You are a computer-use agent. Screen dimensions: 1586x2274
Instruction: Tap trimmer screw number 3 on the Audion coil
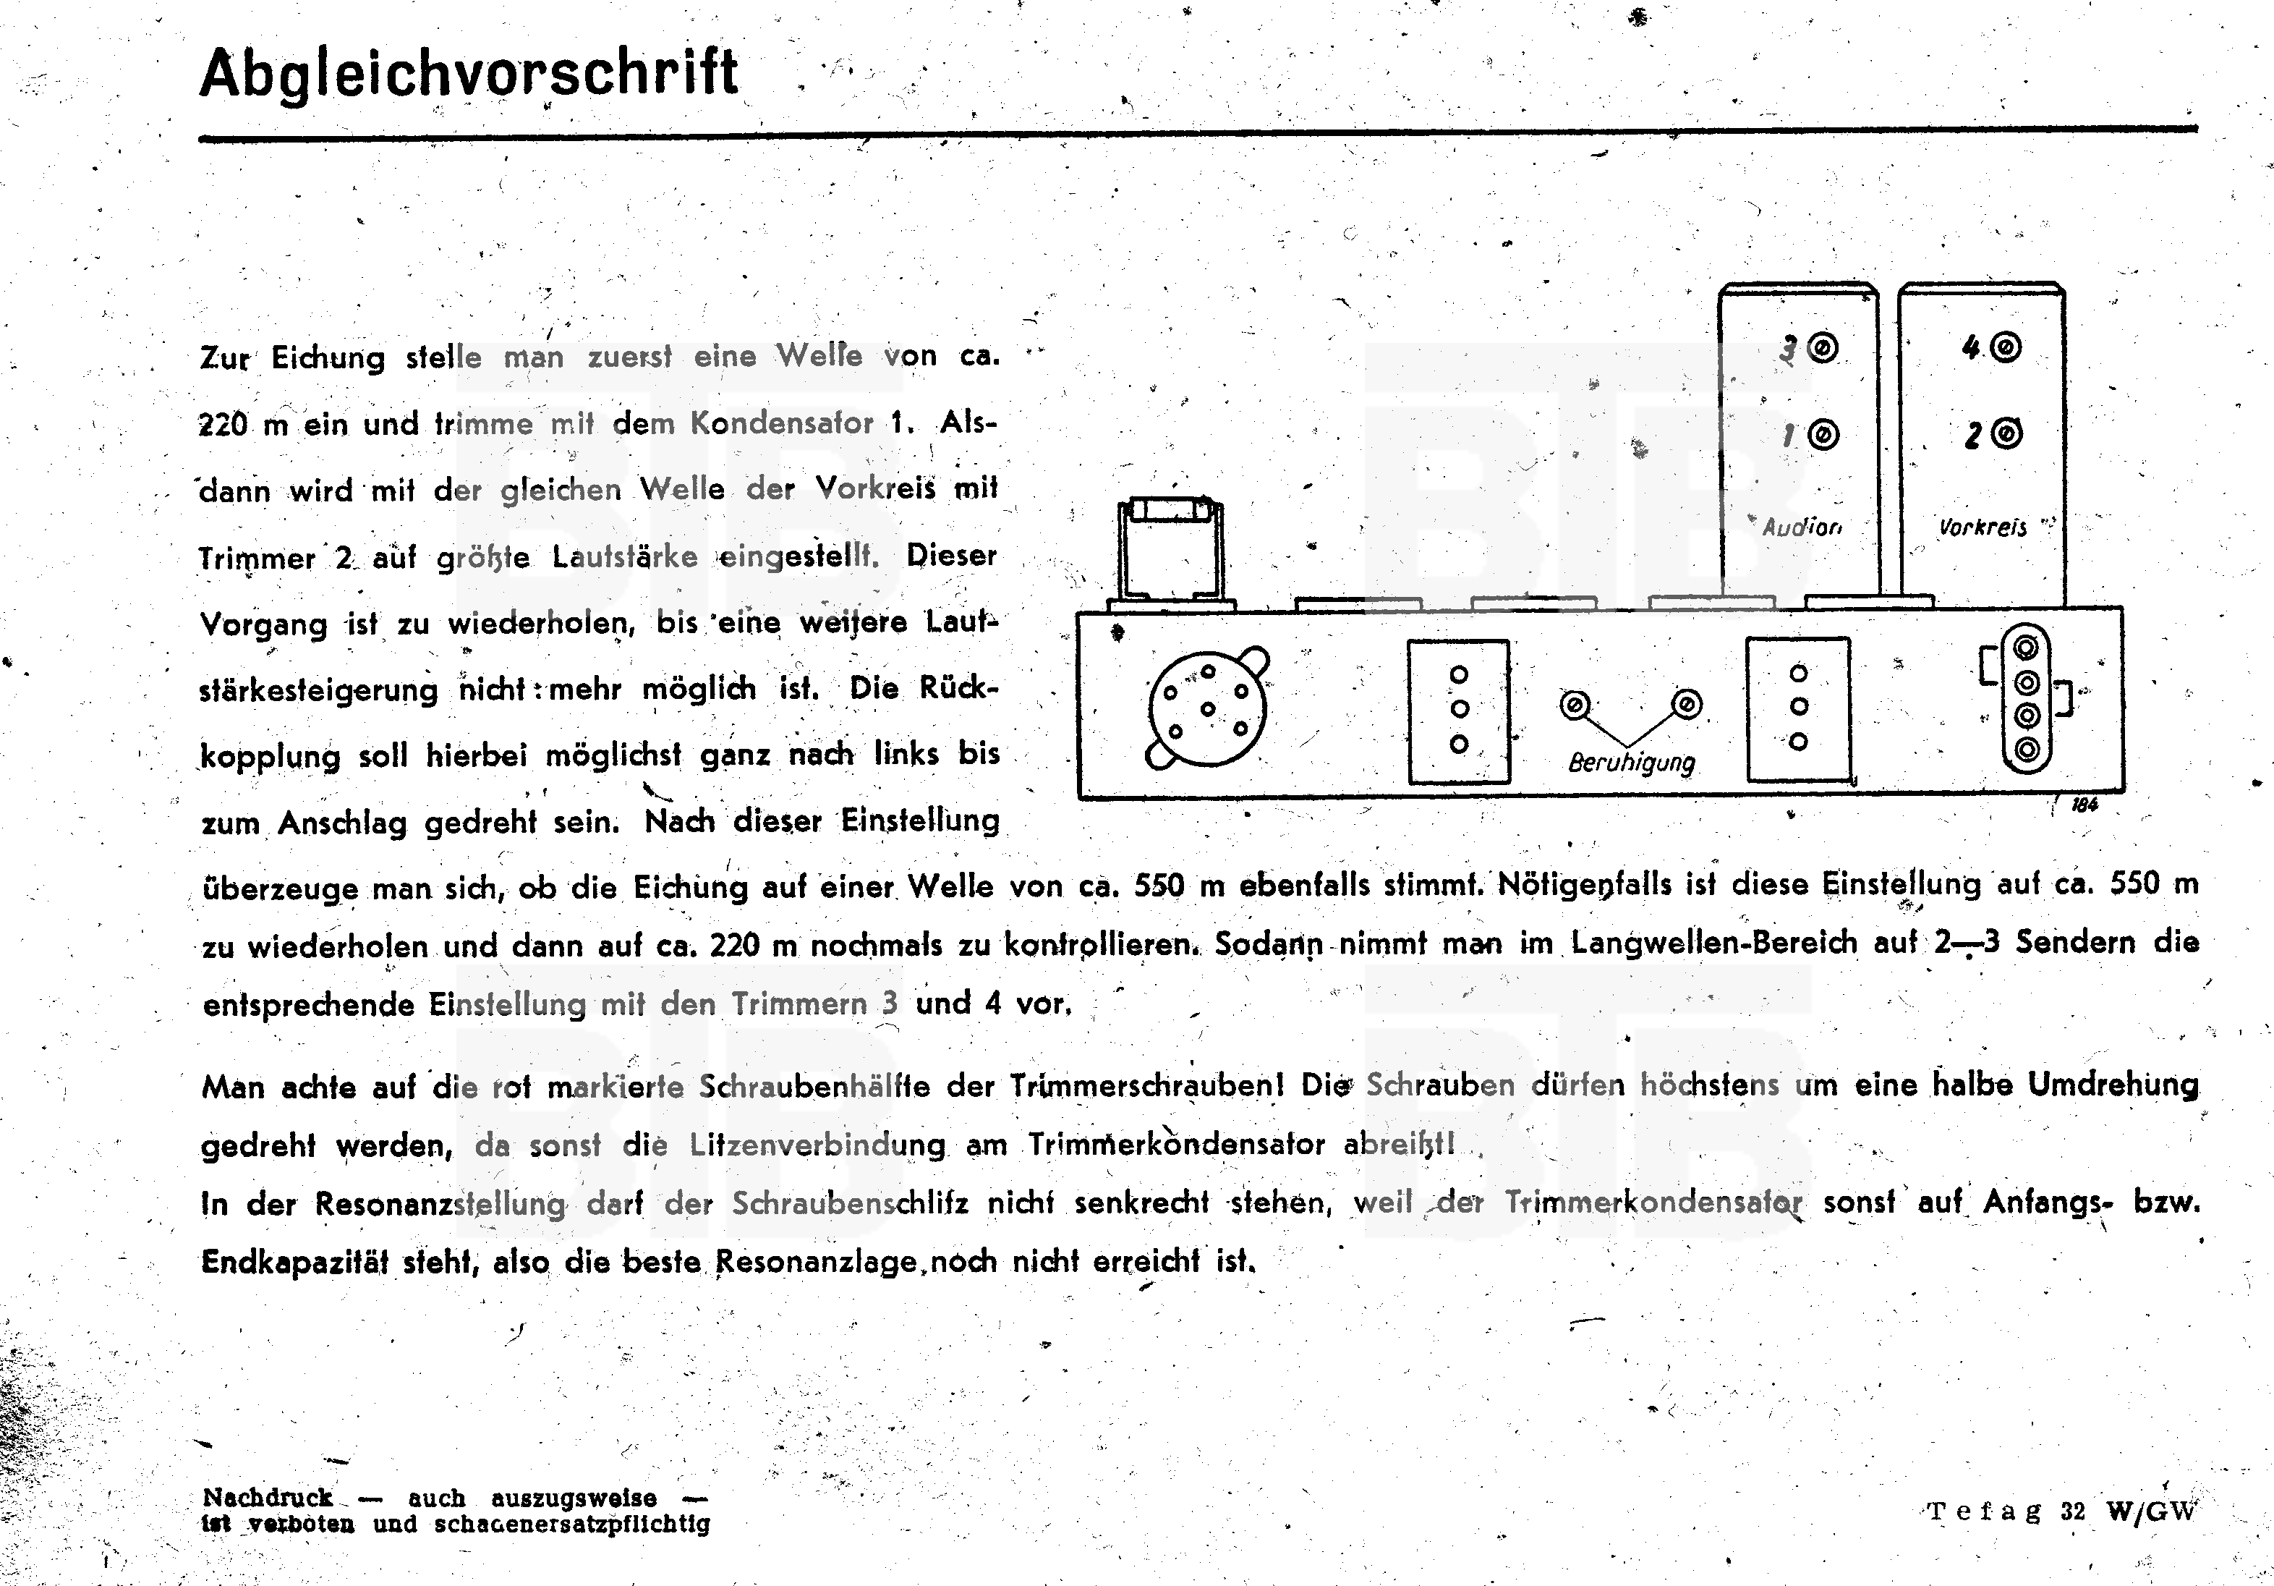coord(1823,349)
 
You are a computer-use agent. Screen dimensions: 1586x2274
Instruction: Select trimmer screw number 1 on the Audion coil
coord(1823,435)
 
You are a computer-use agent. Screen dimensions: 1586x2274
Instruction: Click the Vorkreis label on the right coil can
coord(1983,527)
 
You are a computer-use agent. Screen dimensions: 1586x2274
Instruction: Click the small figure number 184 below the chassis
coord(2084,805)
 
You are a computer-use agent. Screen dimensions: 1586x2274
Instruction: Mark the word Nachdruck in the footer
coord(268,1497)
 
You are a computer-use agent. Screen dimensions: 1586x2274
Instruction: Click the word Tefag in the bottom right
coord(1984,1511)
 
